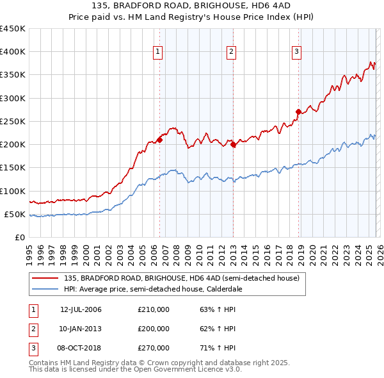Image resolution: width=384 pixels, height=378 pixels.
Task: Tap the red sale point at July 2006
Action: tap(159, 140)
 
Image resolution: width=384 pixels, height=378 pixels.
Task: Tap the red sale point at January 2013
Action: tap(233, 145)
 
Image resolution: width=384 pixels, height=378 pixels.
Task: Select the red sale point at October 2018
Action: tap(298, 112)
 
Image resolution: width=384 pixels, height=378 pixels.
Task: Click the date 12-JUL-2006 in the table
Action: tap(81, 310)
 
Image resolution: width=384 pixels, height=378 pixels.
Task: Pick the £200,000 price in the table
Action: tap(154, 329)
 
